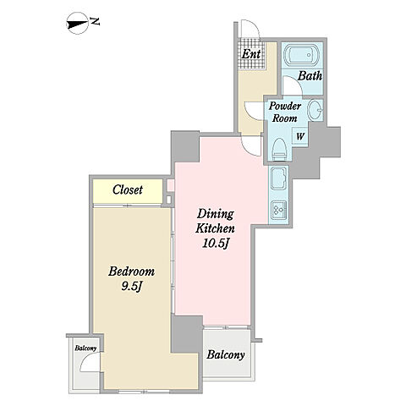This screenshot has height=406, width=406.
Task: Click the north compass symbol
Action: click(x=78, y=23)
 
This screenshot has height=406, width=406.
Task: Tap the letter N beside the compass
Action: click(x=96, y=21)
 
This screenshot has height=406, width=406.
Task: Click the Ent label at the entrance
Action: click(x=251, y=53)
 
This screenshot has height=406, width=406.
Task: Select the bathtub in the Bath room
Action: click(x=301, y=54)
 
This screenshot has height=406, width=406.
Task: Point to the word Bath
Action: click(x=310, y=75)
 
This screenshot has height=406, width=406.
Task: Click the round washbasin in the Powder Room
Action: click(x=315, y=110)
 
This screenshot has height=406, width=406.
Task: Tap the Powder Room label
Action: click(x=284, y=112)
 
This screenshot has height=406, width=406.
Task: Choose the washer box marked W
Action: click(x=300, y=136)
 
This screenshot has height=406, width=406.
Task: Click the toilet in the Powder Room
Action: click(x=280, y=148)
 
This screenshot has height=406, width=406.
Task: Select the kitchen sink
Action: click(x=279, y=178)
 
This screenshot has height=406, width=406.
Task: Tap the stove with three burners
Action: click(x=279, y=209)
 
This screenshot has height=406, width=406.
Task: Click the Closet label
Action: click(x=128, y=189)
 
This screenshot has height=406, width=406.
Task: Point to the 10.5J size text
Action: click(x=216, y=244)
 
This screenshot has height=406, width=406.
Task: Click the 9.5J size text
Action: click(x=130, y=287)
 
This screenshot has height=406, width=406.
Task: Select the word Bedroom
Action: click(x=131, y=272)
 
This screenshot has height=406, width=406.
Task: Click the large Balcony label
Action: click(x=226, y=355)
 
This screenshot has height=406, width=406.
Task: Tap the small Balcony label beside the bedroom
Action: click(x=85, y=348)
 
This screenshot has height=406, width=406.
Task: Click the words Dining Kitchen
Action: click(x=215, y=221)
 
